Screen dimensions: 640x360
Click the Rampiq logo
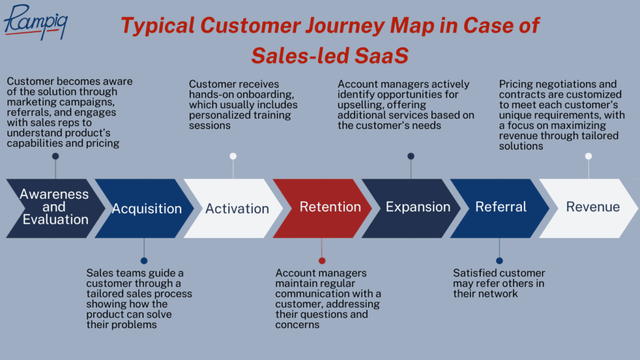point(36,23)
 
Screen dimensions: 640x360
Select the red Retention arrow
point(322,208)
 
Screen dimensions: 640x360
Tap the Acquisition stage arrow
point(144,208)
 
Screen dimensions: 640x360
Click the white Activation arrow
point(233,208)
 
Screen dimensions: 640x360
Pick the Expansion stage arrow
point(411,208)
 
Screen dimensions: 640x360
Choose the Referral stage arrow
point(500,208)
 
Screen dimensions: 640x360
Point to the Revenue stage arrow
point(589,208)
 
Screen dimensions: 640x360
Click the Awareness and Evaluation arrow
point(56,208)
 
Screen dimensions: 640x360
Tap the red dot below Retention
point(322,261)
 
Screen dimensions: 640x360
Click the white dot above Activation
point(233,156)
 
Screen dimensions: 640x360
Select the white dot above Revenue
point(589,156)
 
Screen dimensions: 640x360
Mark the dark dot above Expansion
point(411,156)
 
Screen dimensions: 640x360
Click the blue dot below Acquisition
point(144,261)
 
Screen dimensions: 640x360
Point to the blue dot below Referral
point(499,261)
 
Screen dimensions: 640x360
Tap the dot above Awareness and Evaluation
point(56,156)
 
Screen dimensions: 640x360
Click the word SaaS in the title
point(381,56)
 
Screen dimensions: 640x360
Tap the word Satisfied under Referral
point(476,273)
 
